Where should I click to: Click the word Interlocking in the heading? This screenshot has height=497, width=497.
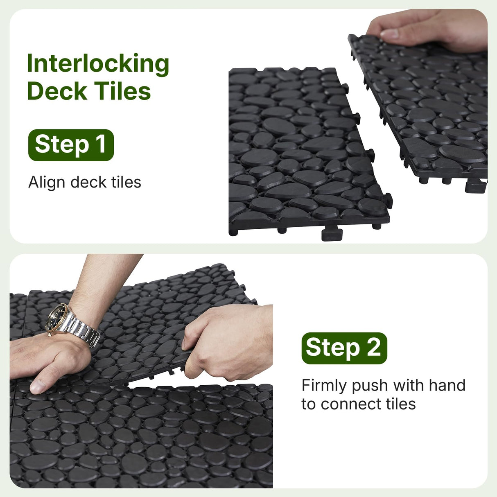[x=98, y=64]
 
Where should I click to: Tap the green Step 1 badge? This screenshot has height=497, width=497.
[x=71, y=145]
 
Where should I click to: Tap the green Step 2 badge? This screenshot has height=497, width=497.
[x=344, y=348]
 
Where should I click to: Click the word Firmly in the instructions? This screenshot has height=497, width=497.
[x=324, y=386]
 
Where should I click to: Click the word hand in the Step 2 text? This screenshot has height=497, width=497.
[x=447, y=386]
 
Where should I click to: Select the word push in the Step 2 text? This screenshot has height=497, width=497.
[x=370, y=386]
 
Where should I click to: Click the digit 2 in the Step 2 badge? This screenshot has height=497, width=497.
[x=373, y=348]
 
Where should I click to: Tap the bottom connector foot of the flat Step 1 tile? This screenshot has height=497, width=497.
[x=332, y=234]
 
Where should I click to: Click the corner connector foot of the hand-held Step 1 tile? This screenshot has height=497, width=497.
[x=476, y=186]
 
